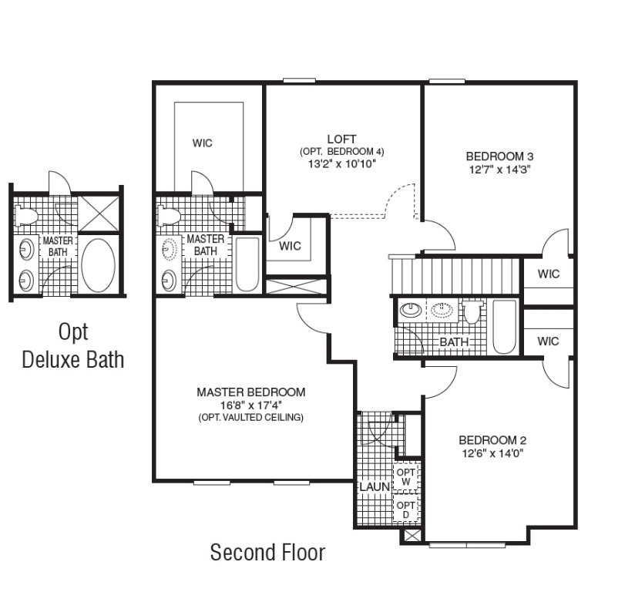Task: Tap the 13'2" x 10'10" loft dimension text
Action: click(x=341, y=163)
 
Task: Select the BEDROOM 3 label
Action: click(x=500, y=153)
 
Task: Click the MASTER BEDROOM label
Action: click(x=250, y=392)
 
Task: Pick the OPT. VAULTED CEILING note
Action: click(x=250, y=418)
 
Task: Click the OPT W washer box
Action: click(x=406, y=477)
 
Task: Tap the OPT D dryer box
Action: click(x=406, y=510)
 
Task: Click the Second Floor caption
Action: click(x=267, y=552)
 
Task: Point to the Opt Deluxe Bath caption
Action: click(x=73, y=345)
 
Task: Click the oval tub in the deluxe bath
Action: click(x=98, y=264)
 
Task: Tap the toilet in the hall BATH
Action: click(x=472, y=311)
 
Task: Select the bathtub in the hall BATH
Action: click(x=504, y=327)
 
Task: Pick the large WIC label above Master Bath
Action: click(x=203, y=143)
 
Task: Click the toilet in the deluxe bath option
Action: click(x=27, y=215)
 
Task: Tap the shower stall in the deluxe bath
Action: click(x=99, y=210)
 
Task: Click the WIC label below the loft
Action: click(x=290, y=247)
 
